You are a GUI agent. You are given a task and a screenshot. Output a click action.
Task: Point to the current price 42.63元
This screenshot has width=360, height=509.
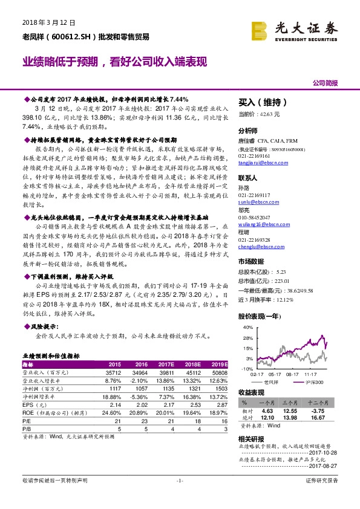[268, 114]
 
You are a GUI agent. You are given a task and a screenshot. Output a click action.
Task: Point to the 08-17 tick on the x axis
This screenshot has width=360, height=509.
[293, 375]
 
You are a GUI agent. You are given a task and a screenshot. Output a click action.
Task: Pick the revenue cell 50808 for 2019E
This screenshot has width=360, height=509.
[220, 374]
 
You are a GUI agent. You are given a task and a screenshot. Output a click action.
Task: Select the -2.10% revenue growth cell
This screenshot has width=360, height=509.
[140, 381]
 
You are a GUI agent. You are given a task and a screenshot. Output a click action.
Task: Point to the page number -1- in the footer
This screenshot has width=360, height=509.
[180, 480]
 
